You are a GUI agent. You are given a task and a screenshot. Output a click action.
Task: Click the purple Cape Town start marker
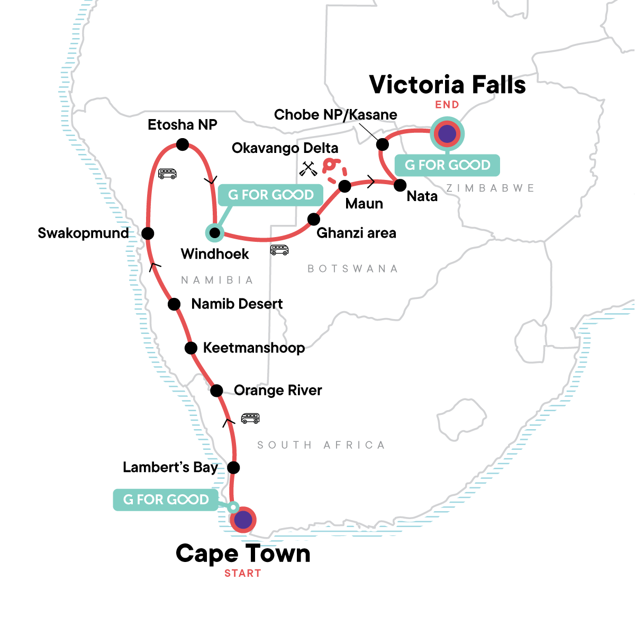coord(243,520)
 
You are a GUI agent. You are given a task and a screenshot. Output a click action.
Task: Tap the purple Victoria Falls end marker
coord(447,134)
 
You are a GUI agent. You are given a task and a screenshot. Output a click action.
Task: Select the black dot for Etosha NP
coord(182,144)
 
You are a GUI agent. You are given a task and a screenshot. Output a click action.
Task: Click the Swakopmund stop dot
coord(148,233)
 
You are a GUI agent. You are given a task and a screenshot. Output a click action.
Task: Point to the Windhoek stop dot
coord(214,233)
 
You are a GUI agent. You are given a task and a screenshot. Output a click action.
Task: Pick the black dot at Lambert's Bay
coord(233,467)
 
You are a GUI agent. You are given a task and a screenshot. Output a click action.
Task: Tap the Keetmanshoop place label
coord(253,348)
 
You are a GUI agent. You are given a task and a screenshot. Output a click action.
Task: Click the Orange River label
coord(278,391)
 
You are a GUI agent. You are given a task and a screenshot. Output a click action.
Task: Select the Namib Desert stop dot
coord(174,304)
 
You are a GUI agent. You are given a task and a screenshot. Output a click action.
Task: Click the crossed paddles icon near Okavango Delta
coord(307,169)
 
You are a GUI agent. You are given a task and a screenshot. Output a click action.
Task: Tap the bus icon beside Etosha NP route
coord(167,174)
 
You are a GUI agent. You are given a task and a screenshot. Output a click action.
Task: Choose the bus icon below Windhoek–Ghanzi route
coord(279,250)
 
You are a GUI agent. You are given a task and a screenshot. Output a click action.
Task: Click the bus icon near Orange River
coord(250,418)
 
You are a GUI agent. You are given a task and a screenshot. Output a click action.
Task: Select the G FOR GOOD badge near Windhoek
coord(270,195)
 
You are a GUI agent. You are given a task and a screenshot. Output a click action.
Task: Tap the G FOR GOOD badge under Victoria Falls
coord(447,165)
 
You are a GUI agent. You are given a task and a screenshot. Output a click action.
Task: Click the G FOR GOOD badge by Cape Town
coord(166,500)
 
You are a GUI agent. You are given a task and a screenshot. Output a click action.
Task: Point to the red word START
coord(242,573)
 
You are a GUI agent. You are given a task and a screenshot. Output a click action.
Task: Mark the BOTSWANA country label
coord(352,269)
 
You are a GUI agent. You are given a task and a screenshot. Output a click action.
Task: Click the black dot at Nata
coord(400,185)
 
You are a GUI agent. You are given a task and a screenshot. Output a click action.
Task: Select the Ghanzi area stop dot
coord(314,219)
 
